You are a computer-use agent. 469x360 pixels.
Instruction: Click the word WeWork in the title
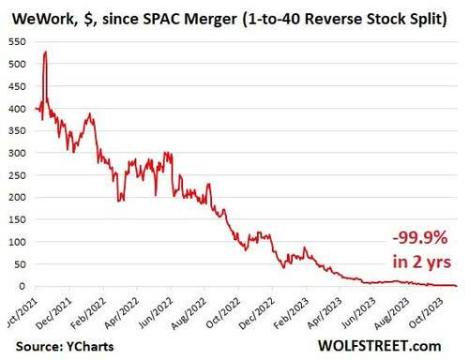[36, 15]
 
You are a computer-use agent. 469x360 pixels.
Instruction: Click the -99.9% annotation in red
[407, 238]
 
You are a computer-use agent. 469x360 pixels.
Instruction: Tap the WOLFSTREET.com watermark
[391, 345]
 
